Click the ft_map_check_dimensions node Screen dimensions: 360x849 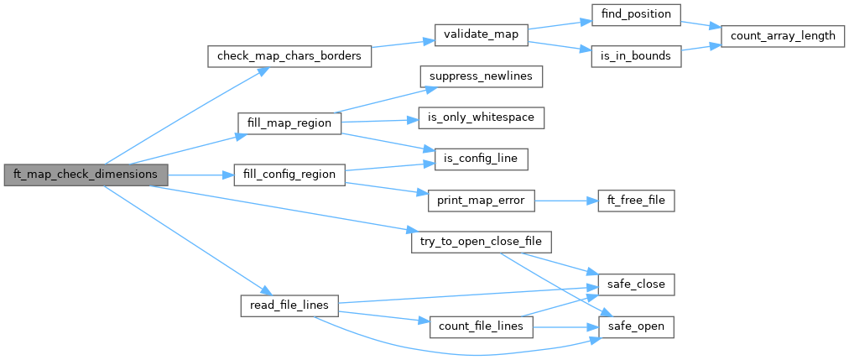tap(86, 175)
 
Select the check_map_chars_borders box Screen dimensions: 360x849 tap(289, 56)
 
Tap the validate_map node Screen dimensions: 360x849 tap(481, 35)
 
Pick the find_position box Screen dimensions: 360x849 tap(631, 14)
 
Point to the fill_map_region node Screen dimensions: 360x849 tap(289, 123)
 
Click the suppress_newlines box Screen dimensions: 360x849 tap(481, 76)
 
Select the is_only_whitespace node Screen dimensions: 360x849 tap(481, 117)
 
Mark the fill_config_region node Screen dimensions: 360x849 tap(289, 175)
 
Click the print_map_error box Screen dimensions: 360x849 tap(481, 201)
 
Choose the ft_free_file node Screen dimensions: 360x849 tap(631, 201)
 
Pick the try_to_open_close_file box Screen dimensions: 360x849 tap(481, 243)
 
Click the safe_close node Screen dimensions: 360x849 tap(631, 284)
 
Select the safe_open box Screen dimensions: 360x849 tap(631, 325)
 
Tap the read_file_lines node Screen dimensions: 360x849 tap(289, 305)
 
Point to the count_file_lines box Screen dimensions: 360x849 tap(481, 325)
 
